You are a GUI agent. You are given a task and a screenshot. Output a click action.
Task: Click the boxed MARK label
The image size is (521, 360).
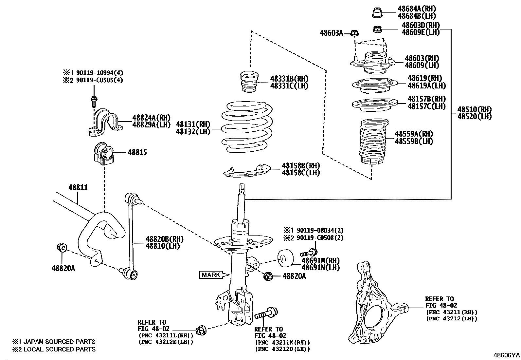[211, 275]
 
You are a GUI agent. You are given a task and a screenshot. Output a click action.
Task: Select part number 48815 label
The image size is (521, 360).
[137, 152]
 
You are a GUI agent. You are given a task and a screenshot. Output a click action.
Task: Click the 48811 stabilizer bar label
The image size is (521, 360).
[78, 188]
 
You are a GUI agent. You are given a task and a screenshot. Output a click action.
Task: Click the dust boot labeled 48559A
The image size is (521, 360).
[373, 142]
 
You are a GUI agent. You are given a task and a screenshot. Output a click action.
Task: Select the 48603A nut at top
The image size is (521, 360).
[354, 33]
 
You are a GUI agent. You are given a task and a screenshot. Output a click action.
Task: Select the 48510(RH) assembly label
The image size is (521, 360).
[474, 109]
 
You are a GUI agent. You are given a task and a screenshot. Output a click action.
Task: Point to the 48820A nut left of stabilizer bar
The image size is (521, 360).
[62, 248]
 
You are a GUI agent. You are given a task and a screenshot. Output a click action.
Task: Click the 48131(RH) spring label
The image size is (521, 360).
[193, 124]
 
